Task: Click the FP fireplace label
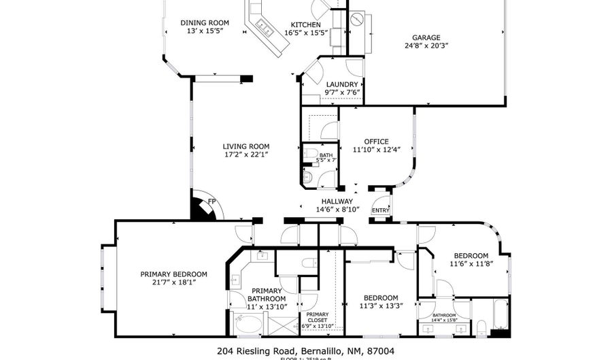pos(211,201)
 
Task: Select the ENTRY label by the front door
pos(379,211)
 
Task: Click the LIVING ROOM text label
pos(247,146)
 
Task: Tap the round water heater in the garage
pos(358,21)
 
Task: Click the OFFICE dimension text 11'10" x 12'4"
pos(376,150)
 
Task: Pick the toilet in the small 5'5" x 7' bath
pos(307,177)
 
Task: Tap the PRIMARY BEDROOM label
pos(173,274)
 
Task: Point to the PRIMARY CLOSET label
pos(317,317)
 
